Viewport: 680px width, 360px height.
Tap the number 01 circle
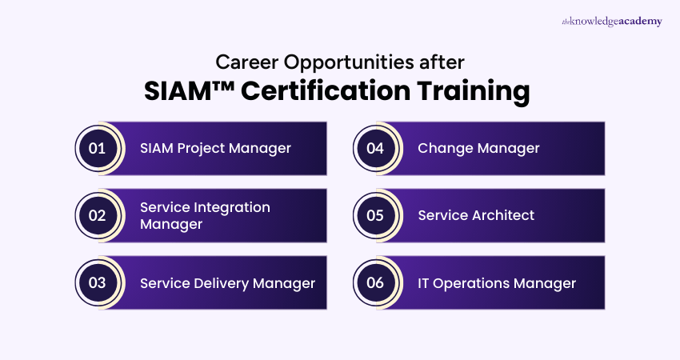click(97, 148)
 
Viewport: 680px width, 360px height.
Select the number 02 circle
click(97, 215)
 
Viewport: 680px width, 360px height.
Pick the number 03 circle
click(97, 282)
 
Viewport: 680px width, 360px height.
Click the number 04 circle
click(375, 148)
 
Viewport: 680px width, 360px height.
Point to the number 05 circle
click(375, 215)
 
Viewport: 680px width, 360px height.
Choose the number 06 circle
click(375, 282)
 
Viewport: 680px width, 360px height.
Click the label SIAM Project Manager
click(215, 148)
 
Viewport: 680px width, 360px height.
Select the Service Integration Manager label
click(205, 215)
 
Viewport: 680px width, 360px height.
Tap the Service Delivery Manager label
click(227, 282)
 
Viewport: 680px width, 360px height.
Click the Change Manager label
click(478, 148)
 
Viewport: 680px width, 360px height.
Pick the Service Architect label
click(476, 215)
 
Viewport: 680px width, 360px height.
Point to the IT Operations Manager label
click(497, 282)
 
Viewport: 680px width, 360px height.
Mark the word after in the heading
click(443, 61)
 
